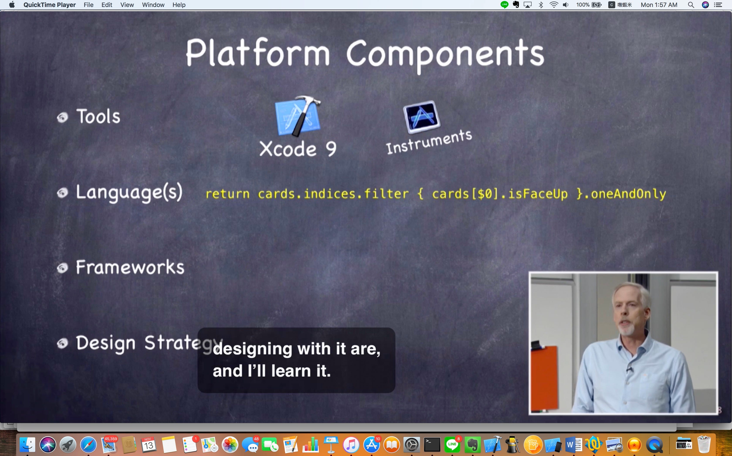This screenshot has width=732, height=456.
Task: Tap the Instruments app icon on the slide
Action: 422,117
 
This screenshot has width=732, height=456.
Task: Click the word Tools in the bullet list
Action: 98,117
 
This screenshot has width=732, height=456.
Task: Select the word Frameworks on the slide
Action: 130,267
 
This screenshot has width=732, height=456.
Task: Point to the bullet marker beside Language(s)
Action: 63,193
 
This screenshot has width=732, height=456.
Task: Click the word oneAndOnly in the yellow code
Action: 628,194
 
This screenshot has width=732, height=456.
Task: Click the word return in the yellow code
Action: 227,194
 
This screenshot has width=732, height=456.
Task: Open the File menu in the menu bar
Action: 88,5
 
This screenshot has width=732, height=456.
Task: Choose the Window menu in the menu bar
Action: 153,5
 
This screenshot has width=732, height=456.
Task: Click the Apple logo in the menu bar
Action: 12,5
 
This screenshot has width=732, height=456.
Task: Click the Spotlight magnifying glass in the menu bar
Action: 691,5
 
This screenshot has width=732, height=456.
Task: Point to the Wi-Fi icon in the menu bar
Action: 554,5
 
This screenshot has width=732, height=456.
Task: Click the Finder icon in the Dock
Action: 27,444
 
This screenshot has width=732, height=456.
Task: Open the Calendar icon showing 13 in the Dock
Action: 148,444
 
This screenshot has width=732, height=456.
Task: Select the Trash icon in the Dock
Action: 704,444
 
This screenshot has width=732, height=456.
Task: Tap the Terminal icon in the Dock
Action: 432,444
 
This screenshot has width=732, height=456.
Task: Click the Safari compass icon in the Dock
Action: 88,444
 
